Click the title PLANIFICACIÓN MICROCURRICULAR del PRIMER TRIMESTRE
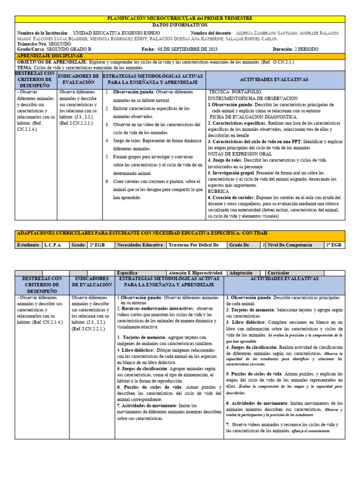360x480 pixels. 180,18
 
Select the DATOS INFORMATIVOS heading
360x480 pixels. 180,24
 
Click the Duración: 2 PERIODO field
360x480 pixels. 295,49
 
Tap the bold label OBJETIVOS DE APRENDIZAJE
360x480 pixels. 52,62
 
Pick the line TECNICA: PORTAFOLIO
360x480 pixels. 235,92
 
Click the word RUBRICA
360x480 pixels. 218,191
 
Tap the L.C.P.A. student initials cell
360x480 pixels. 53,245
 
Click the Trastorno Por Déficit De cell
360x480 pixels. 194,245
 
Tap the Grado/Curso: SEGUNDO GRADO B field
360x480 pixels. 54,49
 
